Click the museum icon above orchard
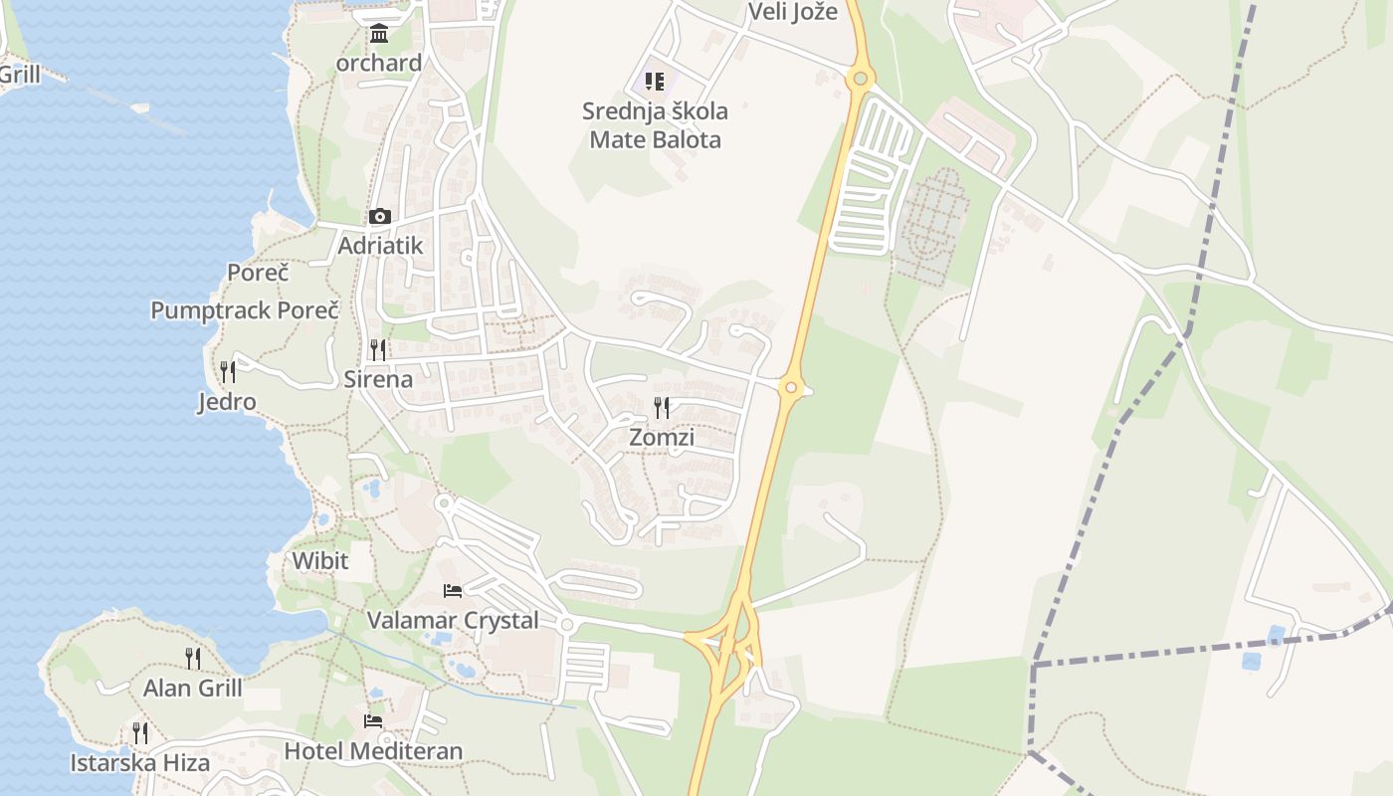(x=379, y=35)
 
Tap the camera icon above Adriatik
(x=379, y=216)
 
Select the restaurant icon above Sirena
(x=378, y=349)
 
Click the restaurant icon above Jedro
(x=228, y=372)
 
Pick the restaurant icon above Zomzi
(x=661, y=407)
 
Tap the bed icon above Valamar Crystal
(x=453, y=590)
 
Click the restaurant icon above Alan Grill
(x=192, y=658)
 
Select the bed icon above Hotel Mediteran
(x=373, y=720)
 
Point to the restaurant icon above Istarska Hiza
(x=140, y=733)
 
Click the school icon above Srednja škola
(x=654, y=81)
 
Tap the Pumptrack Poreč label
(x=245, y=310)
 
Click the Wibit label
(x=320, y=560)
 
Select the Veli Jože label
(x=792, y=12)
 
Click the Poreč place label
(x=258, y=273)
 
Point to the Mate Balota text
(x=655, y=139)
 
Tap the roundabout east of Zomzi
(x=791, y=387)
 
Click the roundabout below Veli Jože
(x=860, y=78)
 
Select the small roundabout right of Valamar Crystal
(x=567, y=624)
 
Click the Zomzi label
(x=662, y=437)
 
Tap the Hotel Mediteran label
(x=373, y=750)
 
